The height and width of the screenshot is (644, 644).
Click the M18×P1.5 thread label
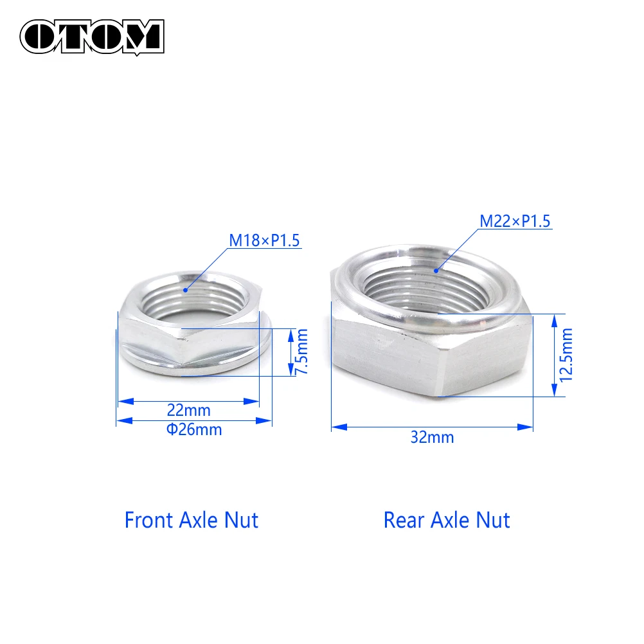point(265,241)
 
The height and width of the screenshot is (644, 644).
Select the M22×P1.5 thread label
point(515,222)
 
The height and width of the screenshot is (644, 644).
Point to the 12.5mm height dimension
point(566,355)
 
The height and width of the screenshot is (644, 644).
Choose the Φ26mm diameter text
point(194,430)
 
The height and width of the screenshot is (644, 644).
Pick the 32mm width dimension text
point(432,438)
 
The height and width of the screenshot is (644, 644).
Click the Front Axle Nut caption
point(191,519)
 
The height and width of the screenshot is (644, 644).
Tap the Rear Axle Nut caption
point(447,519)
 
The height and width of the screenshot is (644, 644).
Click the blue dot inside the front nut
point(185,290)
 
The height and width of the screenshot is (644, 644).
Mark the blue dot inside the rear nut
point(435,271)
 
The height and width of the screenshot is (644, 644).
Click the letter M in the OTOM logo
point(142,36)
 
